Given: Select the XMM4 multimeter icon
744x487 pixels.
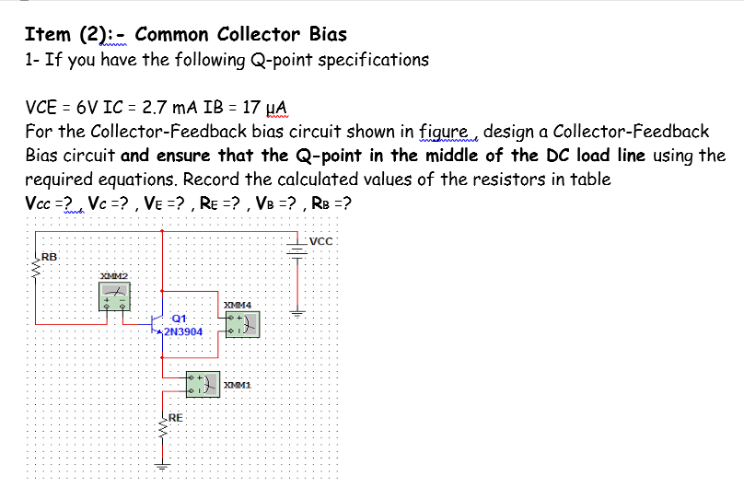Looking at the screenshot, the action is click(242, 323).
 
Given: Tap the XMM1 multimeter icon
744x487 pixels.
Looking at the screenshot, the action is click(203, 385).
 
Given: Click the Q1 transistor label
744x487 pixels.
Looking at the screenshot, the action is click(178, 318).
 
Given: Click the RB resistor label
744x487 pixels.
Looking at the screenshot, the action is click(48, 256).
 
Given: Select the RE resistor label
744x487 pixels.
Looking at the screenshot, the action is click(175, 417).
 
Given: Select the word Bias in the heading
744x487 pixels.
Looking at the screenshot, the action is click(328, 35).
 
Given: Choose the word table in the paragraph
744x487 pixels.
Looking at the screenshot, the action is click(589, 179).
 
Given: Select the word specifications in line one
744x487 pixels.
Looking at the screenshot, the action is click(371, 60).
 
